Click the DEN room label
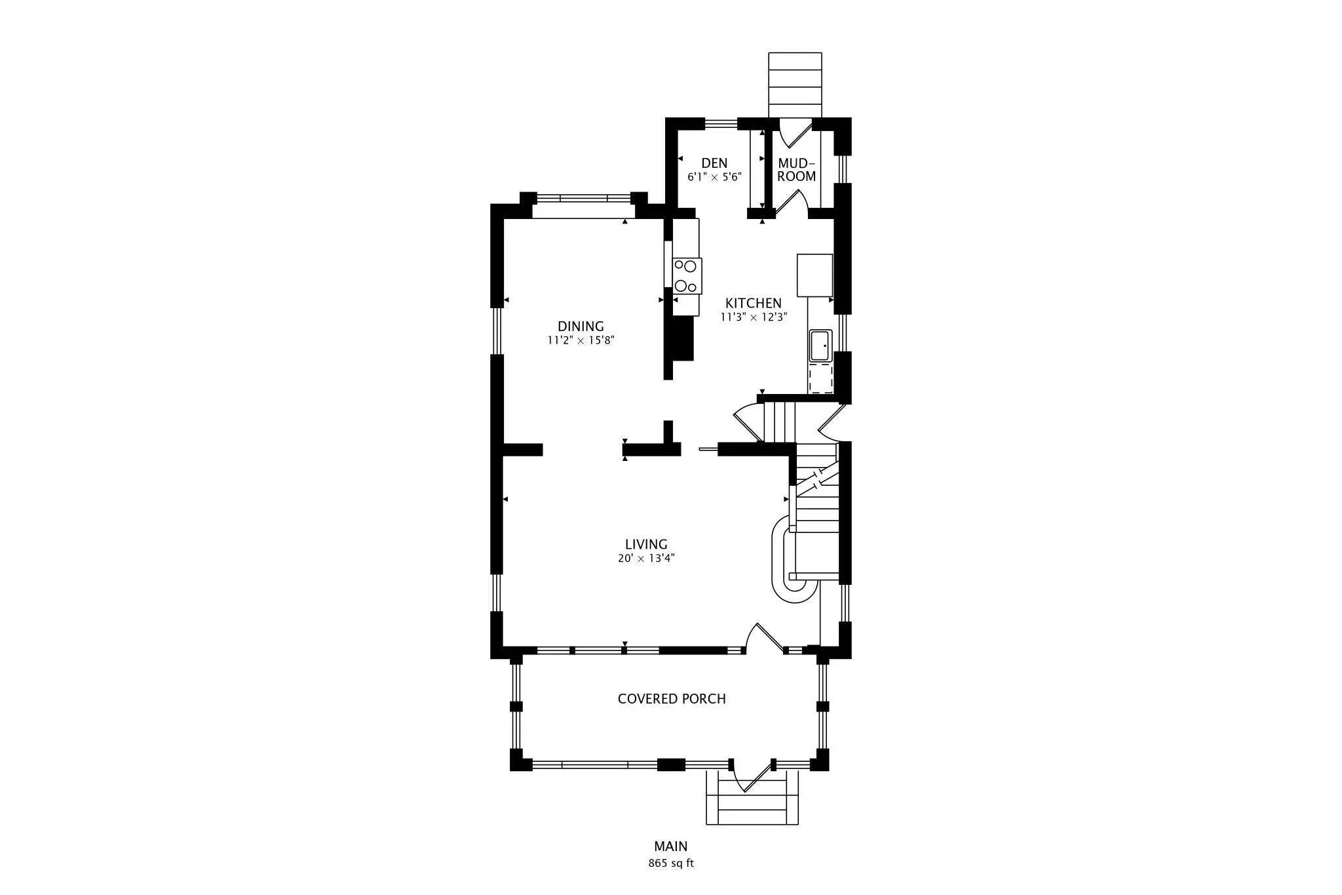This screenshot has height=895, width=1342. click(x=714, y=163)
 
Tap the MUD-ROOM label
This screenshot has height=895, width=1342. click(x=796, y=170)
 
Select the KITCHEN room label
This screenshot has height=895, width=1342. click(x=753, y=303)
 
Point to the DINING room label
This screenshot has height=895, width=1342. click(x=581, y=326)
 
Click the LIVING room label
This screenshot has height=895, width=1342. click(x=646, y=544)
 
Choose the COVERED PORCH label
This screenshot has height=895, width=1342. click(x=672, y=699)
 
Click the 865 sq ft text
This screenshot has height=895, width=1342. click(x=671, y=863)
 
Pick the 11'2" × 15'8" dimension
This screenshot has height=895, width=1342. click(x=581, y=340)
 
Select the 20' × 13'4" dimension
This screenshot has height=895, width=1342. click(x=646, y=559)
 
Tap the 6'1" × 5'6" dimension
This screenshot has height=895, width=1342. click(x=714, y=177)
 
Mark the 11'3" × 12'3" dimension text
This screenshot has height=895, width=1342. click(x=754, y=317)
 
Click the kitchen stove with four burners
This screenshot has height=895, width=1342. click(x=687, y=276)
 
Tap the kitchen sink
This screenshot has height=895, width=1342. click(x=820, y=346)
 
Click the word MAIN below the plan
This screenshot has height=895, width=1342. click(x=671, y=846)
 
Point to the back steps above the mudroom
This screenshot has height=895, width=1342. click(x=795, y=85)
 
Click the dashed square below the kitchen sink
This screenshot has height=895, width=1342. click(x=820, y=379)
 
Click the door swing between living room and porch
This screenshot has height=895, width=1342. click(x=764, y=638)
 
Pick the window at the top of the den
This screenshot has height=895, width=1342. click(x=721, y=122)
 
